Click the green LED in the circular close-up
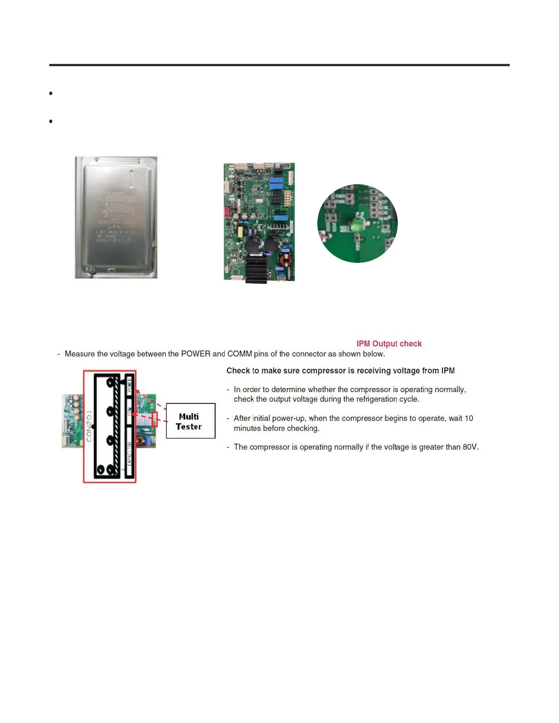(356, 225)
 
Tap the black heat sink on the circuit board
(256, 269)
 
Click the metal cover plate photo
(116, 217)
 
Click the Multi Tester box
(190, 421)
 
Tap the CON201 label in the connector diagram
(89, 425)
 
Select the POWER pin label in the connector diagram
(129, 386)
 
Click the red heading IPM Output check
(389, 344)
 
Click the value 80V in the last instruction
(470, 447)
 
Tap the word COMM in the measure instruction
(239, 354)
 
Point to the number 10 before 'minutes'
(469, 418)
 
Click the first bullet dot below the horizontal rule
(51, 93)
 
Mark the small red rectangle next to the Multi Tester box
(154, 419)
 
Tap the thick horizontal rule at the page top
(279, 65)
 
